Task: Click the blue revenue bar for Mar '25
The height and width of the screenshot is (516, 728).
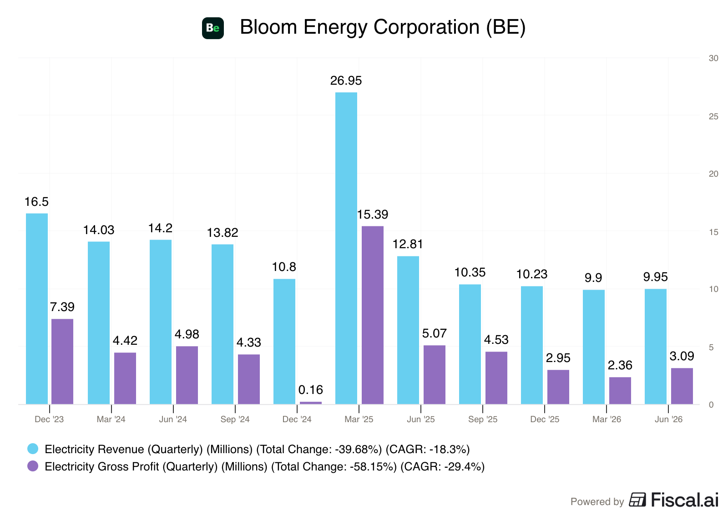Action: click(x=346, y=248)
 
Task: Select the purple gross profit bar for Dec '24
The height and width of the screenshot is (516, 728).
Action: click(x=311, y=403)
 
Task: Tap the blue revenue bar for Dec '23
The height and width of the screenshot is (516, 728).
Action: click(x=37, y=309)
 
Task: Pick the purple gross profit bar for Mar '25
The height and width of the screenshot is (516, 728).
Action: click(x=373, y=315)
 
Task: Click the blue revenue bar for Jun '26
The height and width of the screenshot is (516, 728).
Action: click(x=656, y=347)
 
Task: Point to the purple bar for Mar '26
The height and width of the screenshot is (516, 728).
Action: click(x=620, y=391)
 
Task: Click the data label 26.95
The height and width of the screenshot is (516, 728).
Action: click(x=346, y=81)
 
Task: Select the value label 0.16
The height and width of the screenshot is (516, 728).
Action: click(x=311, y=390)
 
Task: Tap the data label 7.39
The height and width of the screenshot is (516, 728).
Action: click(x=62, y=307)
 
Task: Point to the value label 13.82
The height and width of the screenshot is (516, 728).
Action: click(x=222, y=233)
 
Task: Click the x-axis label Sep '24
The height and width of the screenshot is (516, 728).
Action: click(x=235, y=419)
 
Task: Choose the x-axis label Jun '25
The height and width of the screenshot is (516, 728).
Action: click(x=421, y=419)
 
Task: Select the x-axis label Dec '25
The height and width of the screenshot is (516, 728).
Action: click(x=545, y=419)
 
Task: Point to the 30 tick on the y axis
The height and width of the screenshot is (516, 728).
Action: click(x=714, y=58)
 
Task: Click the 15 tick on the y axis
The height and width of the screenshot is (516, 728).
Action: click(x=714, y=232)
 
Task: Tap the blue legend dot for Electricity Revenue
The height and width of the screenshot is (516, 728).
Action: click(x=33, y=449)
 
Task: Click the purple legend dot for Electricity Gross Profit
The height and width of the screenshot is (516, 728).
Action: click(x=33, y=466)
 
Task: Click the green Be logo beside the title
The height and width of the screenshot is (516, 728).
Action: click(x=213, y=28)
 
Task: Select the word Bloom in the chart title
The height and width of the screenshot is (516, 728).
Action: click(x=268, y=27)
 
